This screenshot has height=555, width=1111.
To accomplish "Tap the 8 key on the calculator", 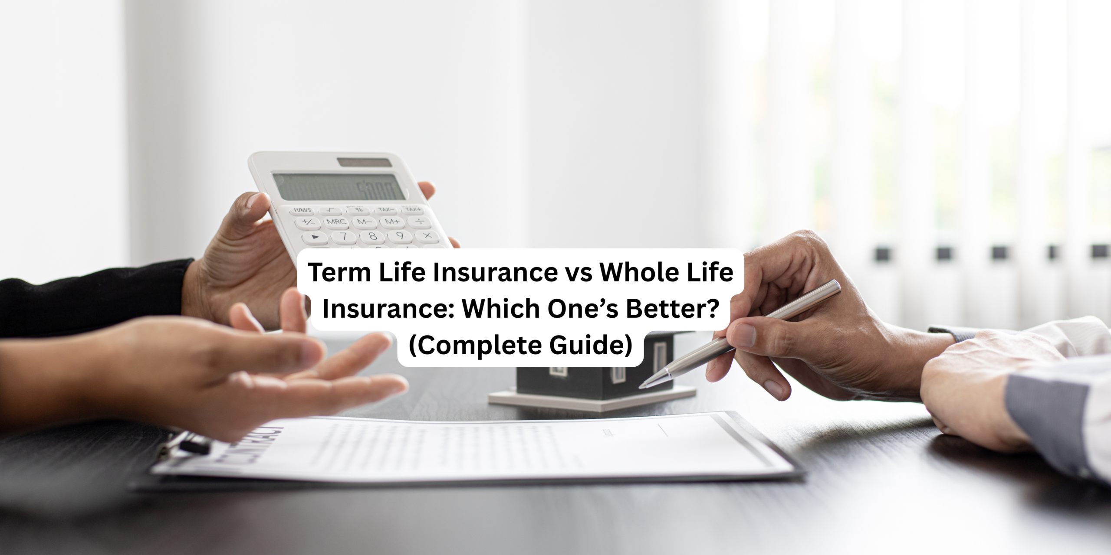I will [x=371, y=236].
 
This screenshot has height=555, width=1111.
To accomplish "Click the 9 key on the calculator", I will [x=400, y=236].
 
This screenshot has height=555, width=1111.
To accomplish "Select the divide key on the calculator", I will [x=419, y=222].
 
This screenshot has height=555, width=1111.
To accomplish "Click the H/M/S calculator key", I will [x=303, y=211].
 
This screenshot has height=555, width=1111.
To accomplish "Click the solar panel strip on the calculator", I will [x=365, y=162].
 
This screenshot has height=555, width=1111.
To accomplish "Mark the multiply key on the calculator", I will [x=427, y=235].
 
